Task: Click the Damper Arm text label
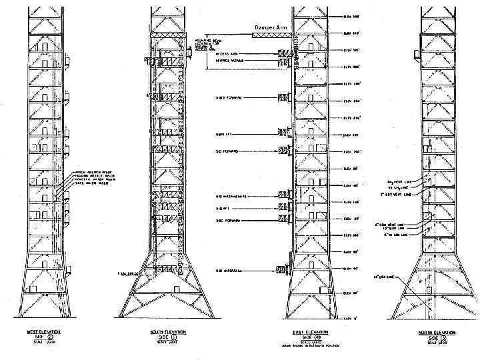pos(271,27)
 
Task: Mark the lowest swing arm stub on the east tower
pos(282,270)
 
